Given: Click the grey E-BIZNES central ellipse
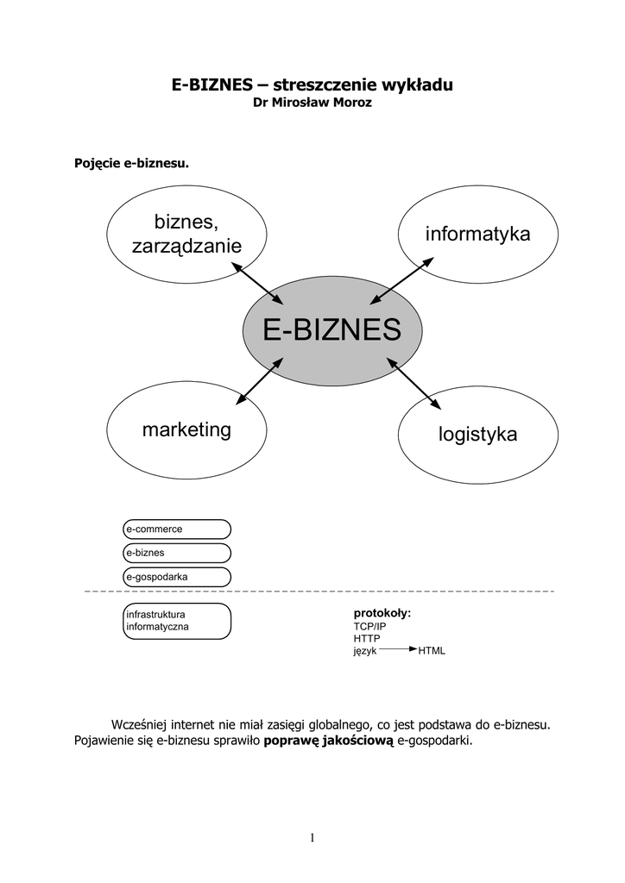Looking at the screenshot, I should pyautogui.click(x=332, y=330).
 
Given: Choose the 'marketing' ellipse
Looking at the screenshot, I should pyautogui.click(x=186, y=429).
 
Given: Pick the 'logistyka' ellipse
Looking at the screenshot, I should pyautogui.click(x=477, y=434).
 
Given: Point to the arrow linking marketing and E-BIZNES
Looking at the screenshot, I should pyautogui.click(x=259, y=381).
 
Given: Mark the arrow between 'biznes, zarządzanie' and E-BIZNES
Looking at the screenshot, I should pyautogui.click(x=258, y=282).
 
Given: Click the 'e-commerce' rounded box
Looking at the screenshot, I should pyautogui.click(x=177, y=529).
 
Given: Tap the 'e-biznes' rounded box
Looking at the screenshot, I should pyautogui.click(x=177, y=553).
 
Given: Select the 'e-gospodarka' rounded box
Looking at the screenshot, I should pyautogui.click(x=177, y=576).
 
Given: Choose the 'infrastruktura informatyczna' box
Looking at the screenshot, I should pyautogui.click(x=177, y=621).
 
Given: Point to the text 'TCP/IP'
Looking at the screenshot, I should pyautogui.click(x=369, y=626).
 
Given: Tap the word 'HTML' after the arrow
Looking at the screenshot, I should pyautogui.click(x=432, y=651).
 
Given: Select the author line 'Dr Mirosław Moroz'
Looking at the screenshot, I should pyautogui.click(x=312, y=103).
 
